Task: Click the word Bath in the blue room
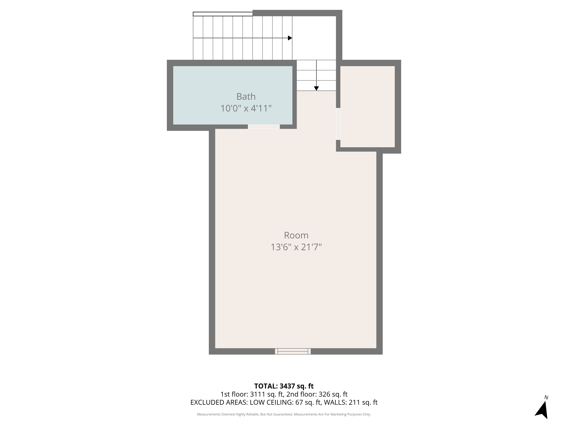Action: tap(246, 97)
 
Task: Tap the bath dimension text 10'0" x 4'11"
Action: tap(246, 108)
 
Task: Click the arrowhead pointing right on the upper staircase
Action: tap(290, 38)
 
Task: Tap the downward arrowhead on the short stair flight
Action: tap(316, 88)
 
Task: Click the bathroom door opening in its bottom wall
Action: tap(264, 127)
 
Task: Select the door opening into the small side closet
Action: tap(338, 124)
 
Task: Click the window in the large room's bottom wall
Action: tap(293, 351)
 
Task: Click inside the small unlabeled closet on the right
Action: tap(367, 106)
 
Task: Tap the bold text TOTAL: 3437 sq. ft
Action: tap(284, 386)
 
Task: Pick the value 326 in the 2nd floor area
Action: tap(324, 394)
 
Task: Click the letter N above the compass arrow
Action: tap(546, 397)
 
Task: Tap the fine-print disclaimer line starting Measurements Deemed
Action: tap(284, 414)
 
